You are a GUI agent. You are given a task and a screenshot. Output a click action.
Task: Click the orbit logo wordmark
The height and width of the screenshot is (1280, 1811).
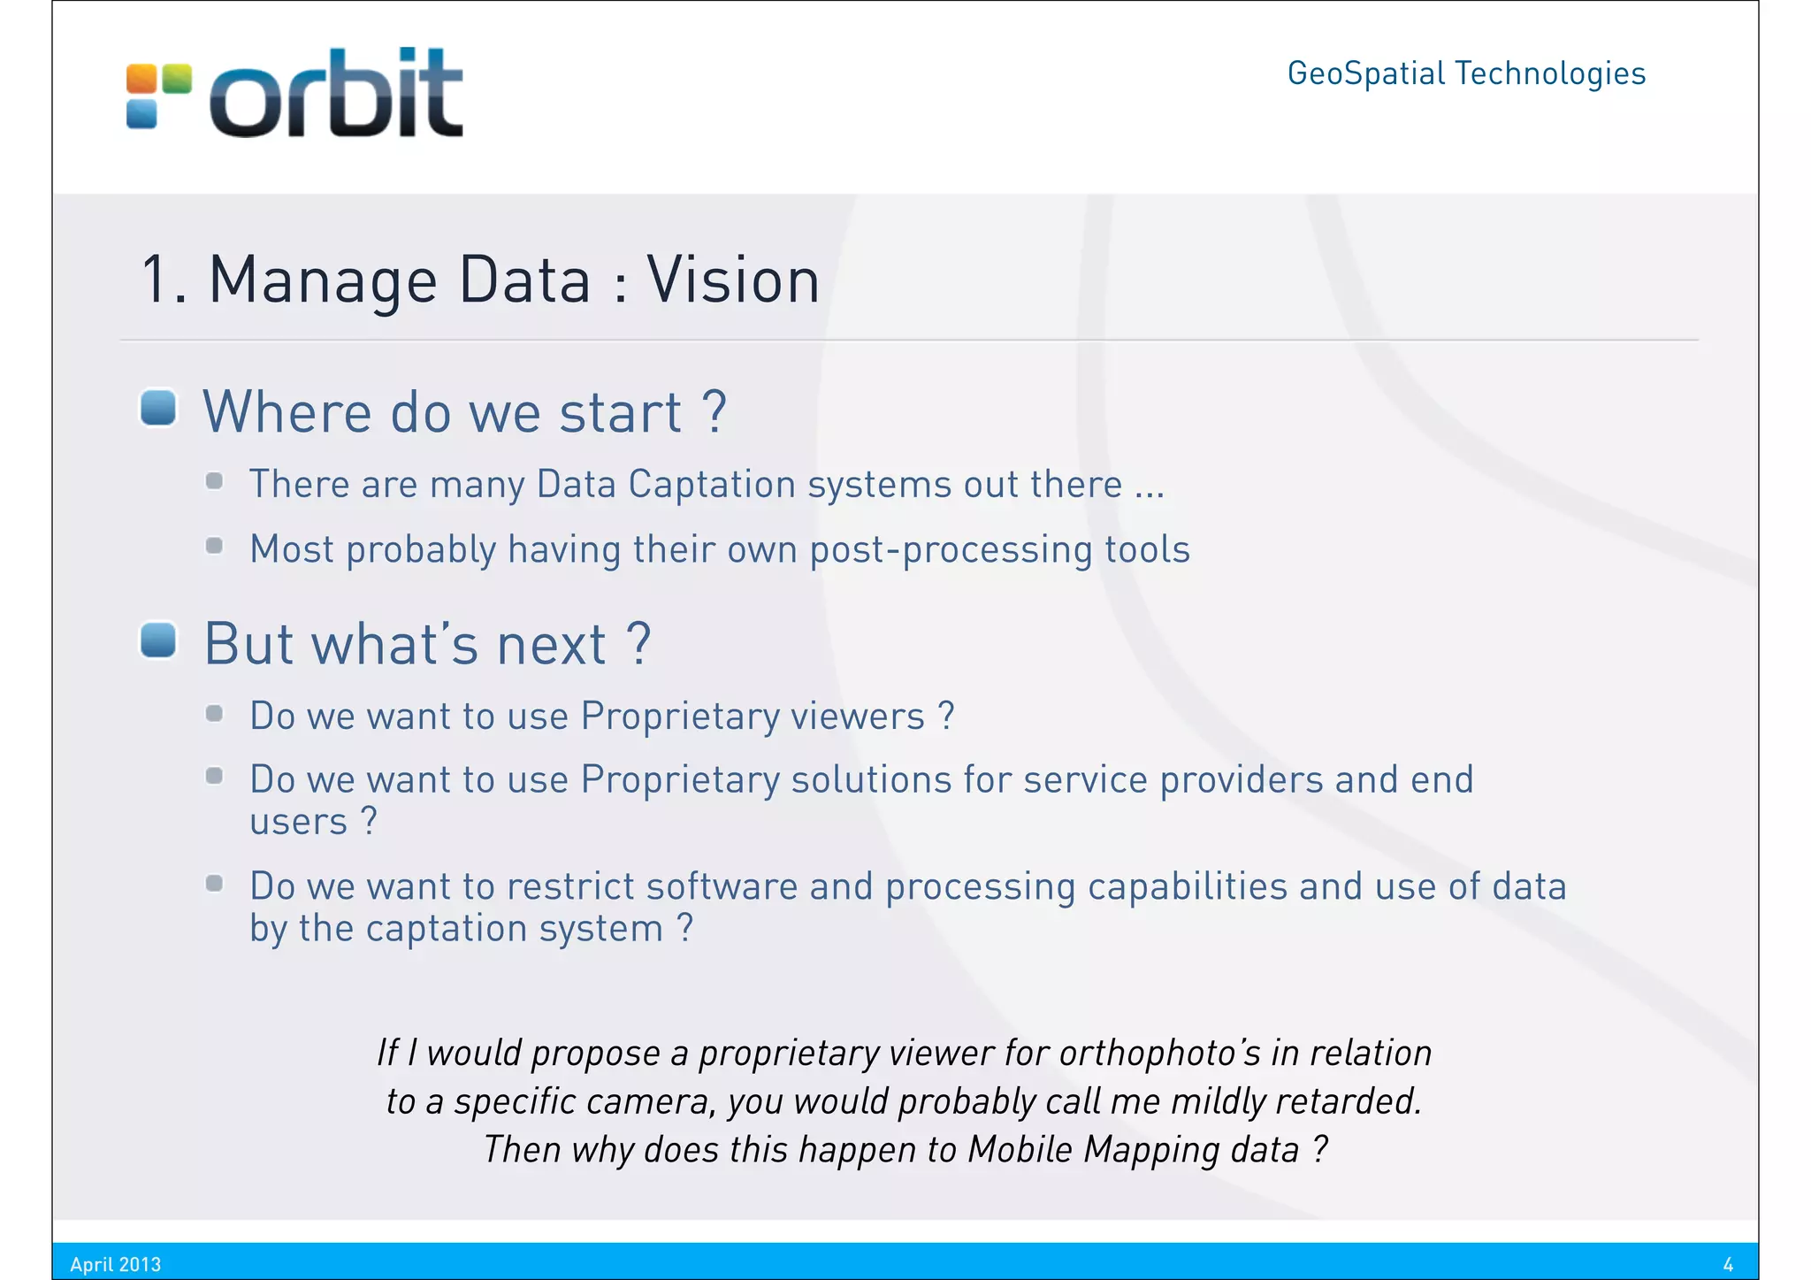tap(336, 95)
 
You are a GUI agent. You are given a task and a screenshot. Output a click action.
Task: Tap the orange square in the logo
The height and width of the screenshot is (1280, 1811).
tap(141, 78)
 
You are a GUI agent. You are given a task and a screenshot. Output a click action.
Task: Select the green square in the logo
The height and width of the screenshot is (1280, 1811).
tap(177, 78)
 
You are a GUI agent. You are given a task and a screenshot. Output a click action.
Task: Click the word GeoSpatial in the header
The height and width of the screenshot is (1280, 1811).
tap(1365, 73)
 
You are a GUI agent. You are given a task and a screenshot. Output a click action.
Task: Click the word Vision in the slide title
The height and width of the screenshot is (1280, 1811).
tap(733, 280)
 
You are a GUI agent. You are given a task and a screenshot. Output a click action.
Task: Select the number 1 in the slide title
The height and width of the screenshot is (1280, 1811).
tap(155, 280)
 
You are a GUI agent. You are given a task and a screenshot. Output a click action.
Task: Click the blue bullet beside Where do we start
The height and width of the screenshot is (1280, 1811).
tap(159, 408)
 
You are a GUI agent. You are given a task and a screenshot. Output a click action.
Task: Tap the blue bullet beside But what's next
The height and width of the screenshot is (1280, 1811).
tap(159, 640)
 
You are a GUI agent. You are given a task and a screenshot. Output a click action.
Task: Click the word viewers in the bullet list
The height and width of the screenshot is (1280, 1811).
tap(857, 716)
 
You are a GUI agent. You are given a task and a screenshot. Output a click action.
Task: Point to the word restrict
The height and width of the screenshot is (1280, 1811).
tap(571, 886)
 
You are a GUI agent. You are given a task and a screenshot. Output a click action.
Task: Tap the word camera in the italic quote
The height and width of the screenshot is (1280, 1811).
tap(650, 1101)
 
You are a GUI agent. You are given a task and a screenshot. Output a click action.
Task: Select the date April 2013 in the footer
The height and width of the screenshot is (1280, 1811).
tap(116, 1264)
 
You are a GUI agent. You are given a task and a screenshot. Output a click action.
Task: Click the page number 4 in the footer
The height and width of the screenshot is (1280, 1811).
tap(1728, 1264)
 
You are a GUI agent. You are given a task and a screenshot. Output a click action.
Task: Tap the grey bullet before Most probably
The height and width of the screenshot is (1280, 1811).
tap(214, 546)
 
